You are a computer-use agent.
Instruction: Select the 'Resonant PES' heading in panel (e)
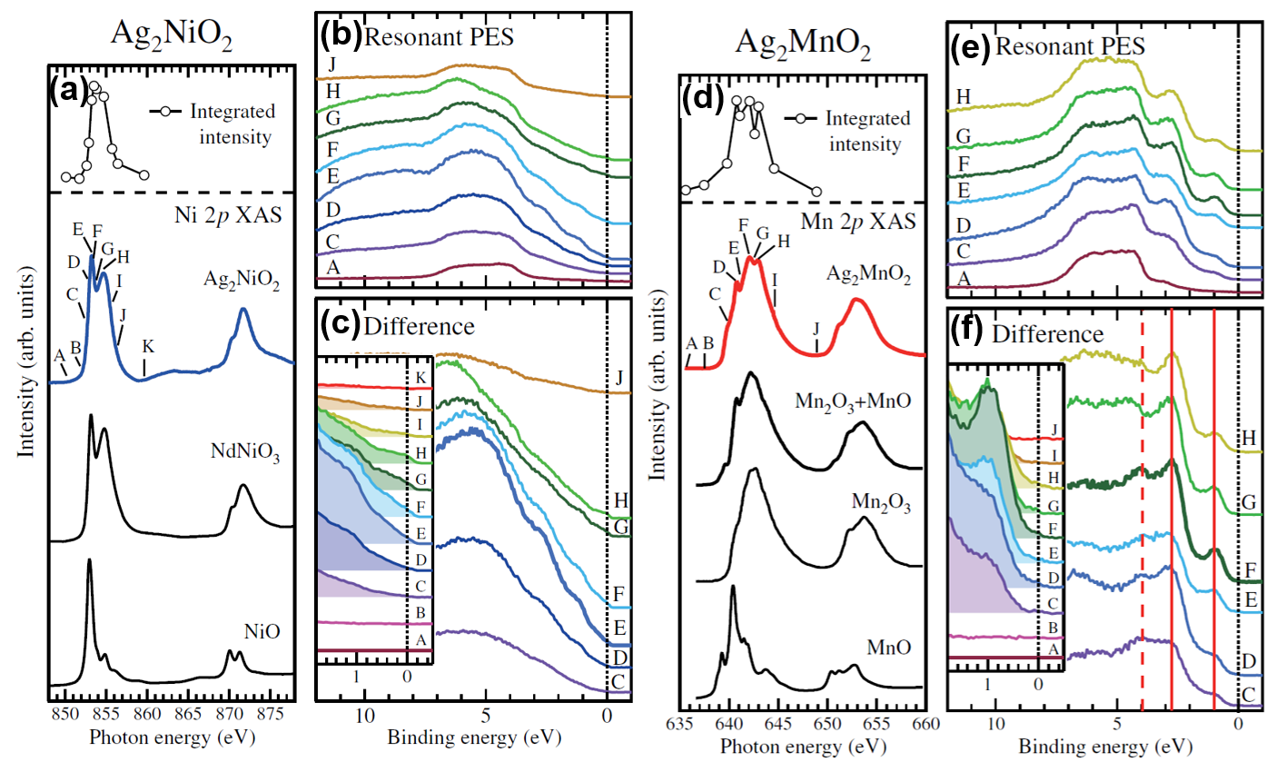(1070, 45)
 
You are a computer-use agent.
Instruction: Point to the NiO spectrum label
(262, 630)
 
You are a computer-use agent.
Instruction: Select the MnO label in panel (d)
(888, 648)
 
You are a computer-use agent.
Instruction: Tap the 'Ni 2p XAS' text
(227, 215)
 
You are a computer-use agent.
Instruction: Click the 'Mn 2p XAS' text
(858, 221)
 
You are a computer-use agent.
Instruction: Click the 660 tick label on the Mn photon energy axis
(925, 724)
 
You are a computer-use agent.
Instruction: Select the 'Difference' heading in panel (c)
(419, 326)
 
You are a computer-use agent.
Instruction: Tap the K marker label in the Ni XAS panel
(148, 346)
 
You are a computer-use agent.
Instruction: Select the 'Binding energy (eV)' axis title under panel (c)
(474, 737)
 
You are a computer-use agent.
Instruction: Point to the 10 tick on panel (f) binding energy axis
(996, 723)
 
